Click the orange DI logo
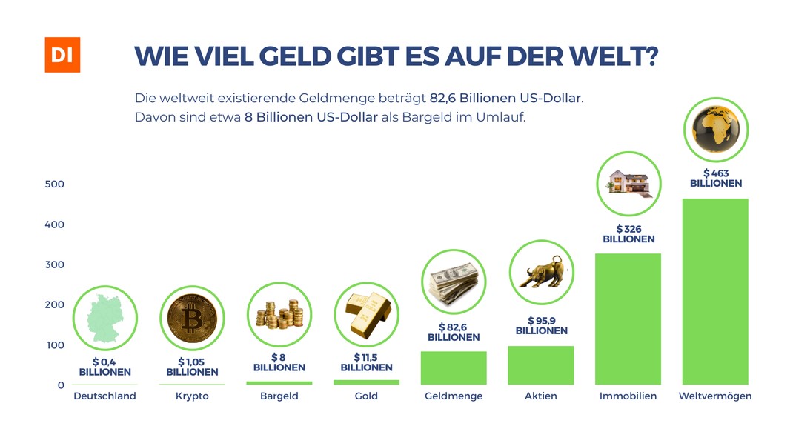coord(62,54)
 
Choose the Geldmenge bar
coord(454,367)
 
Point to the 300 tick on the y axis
coord(55,264)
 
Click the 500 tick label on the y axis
coord(55,184)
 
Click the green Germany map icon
coord(104,319)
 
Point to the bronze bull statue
coord(541,272)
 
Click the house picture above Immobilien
coord(628,183)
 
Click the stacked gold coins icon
coord(279,315)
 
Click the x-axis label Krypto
coord(192,396)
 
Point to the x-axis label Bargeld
coord(279,396)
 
